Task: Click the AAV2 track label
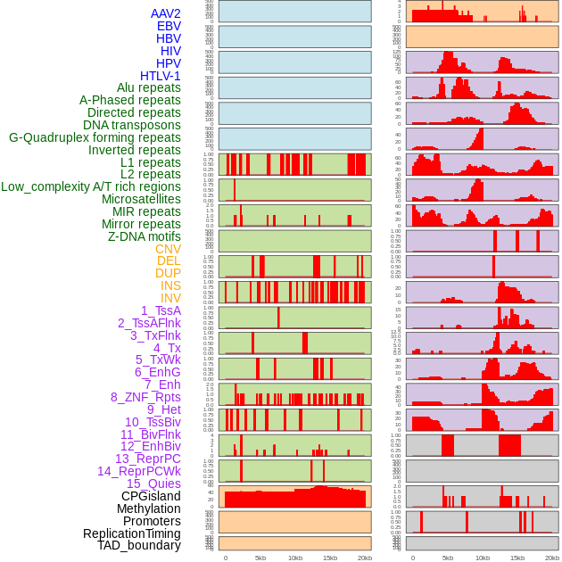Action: tap(166, 13)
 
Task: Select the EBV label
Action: tap(169, 26)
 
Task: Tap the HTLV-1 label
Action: tap(161, 76)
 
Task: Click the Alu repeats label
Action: tap(149, 87)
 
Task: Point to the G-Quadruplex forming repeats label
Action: tap(95, 137)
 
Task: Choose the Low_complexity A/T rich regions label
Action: tap(91, 186)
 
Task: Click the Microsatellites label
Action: tap(141, 199)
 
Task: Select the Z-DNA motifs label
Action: tap(144, 236)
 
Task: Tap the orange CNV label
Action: tap(168, 249)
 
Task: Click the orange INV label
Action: tap(170, 298)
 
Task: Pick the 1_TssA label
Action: tap(161, 310)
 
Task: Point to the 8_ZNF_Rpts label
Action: tap(145, 397)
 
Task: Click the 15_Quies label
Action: tap(153, 483)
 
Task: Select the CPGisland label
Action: tap(151, 496)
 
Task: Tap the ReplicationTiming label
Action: tap(132, 533)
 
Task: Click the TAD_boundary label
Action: tap(139, 545)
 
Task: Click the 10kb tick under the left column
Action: tap(295, 558)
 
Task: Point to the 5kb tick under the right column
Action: tap(447, 558)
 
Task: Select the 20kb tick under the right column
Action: tap(552, 558)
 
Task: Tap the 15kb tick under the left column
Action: tap(330, 558)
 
